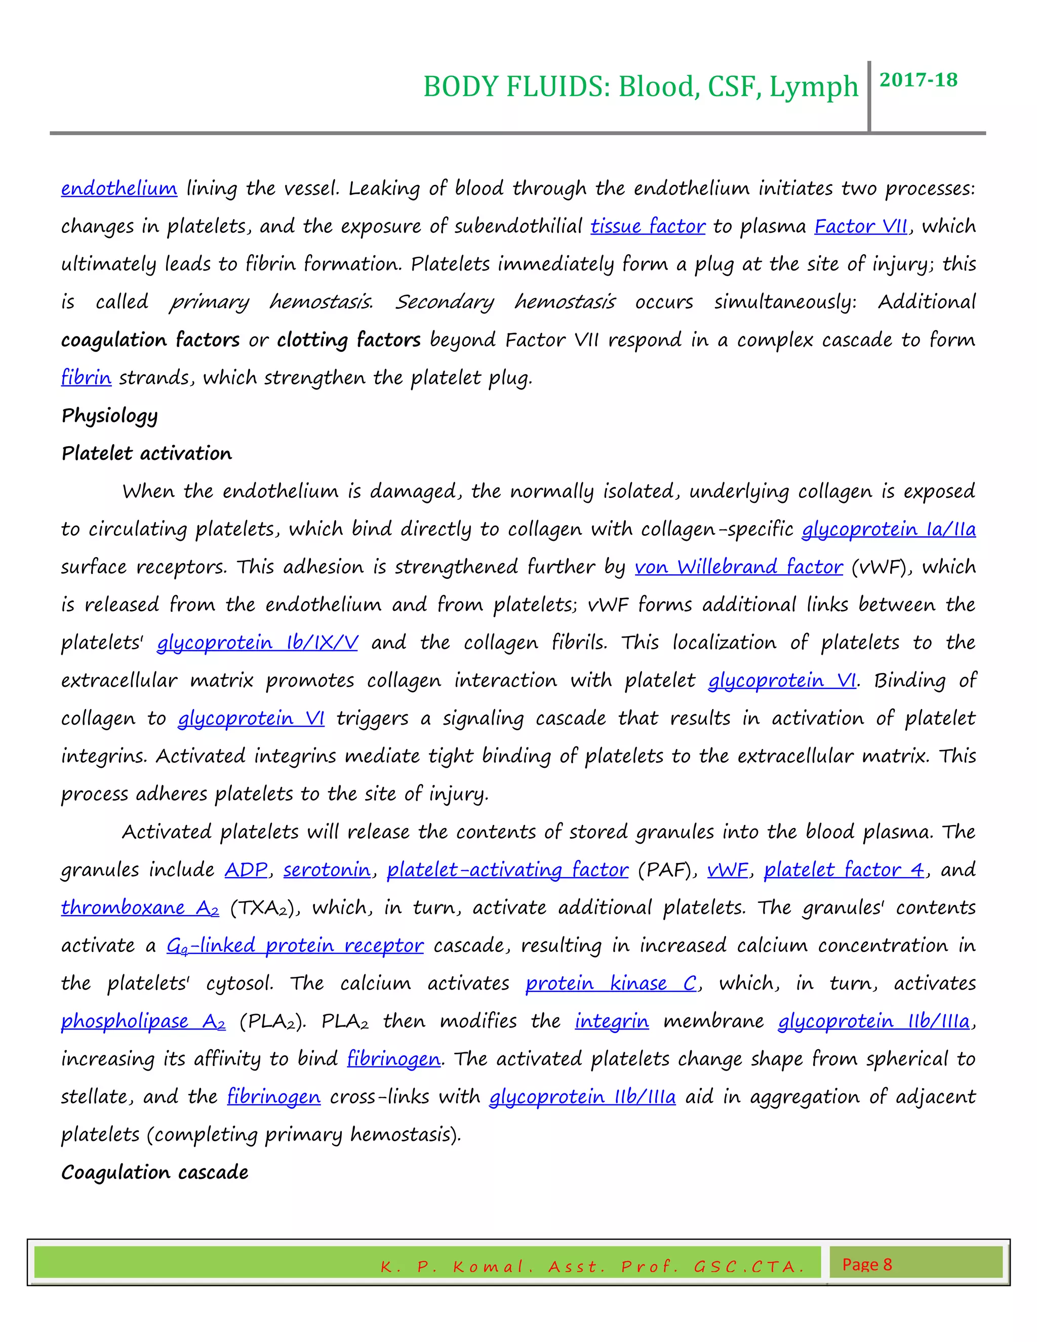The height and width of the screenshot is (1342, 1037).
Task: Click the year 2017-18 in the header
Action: coord(918,80)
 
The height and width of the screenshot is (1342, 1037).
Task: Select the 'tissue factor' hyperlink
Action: coord(648,226)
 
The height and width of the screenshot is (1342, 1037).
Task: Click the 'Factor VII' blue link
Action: coord(861,226)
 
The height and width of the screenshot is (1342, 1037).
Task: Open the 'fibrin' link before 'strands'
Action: coord(86,377)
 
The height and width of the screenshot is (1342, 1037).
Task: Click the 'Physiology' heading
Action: coord(109,416)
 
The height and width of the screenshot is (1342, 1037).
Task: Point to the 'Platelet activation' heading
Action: coord(146,453)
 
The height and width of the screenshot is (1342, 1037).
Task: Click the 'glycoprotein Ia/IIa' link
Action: coord(888,529)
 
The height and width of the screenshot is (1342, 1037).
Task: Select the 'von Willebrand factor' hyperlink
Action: coord(738,567)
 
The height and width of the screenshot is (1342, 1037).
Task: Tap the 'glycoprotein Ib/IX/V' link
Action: coord(257,643)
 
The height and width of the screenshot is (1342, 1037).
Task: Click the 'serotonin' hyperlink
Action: coord(327,870)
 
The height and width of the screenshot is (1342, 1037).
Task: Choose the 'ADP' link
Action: coord(246,870)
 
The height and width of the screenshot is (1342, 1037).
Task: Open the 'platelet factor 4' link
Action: coord(844,870)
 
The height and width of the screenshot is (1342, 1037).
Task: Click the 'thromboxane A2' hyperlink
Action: coord(139,907)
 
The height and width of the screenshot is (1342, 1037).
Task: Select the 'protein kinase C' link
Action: coord(611,983)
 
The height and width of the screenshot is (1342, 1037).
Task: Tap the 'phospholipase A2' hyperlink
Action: coord(142,1021)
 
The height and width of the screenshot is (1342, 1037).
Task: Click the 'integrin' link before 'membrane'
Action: coord(611,1021)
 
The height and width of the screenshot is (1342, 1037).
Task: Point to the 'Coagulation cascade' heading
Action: coord(155,1172)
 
